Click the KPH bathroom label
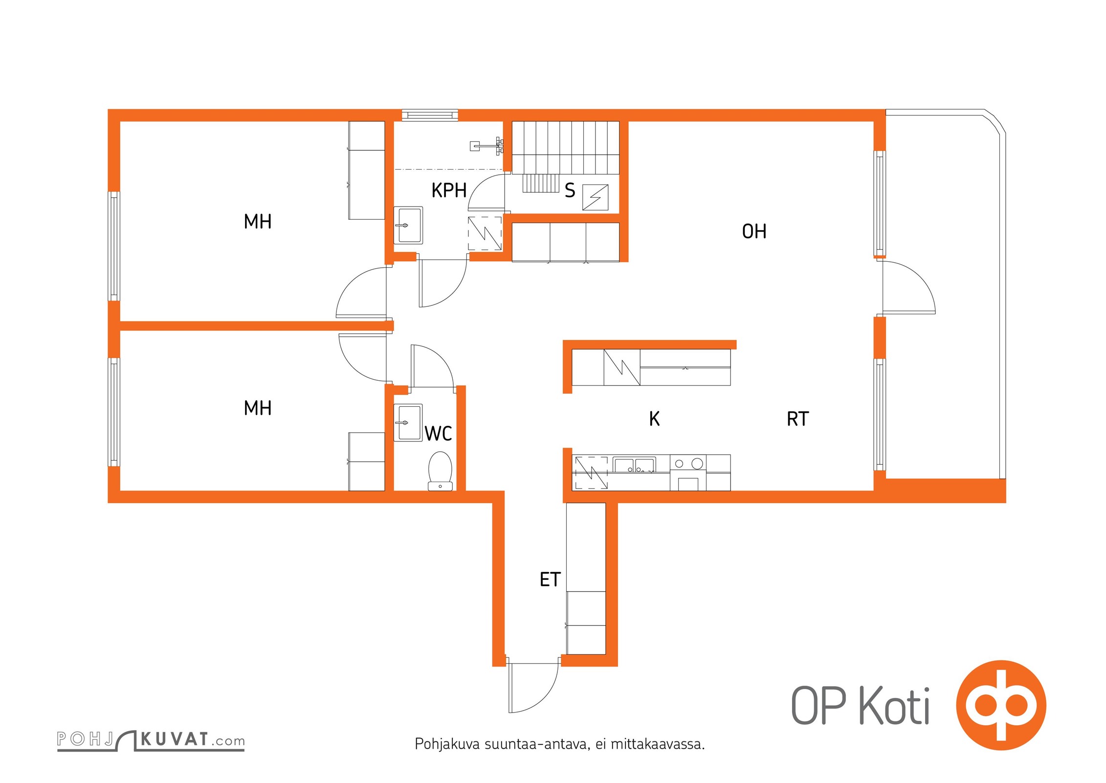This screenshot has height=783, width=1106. pyautogui.click(x=448, y=190)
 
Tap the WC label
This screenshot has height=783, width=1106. pyautogui.click(x=438, y=434)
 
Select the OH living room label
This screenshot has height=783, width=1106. pyautogui.click(x=753, y=231)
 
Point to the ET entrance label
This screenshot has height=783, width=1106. pyautogui.click(x=550, y=580)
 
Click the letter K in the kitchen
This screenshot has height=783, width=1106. pyautogui.click(x=654, y=419)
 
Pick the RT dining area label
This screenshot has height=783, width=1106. pyautogui.click(x=797, y=419)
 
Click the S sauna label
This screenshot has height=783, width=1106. pyautogui.click(x=570, y=190)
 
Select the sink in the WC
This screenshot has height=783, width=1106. pyautogui.click(x=408, y=422)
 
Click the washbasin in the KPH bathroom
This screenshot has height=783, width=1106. pyautogui.click(x=408, y=225)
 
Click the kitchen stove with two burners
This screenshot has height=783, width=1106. pyautogui.click(x=688, y=463)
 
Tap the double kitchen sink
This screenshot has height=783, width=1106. pyautogui.click(x=634, y=465)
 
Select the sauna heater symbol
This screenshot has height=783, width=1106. pyautogui.click(x=595, y=197)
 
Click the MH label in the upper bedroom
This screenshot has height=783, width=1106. pyautogui.click(x=258, y=222)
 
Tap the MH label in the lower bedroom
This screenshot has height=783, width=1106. pyautogui.click(x=258, y=408)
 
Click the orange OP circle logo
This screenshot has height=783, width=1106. pyautogui.click(x=1001, y=705)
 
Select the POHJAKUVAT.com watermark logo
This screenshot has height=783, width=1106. pyautogui.click(x=151, y=740)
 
